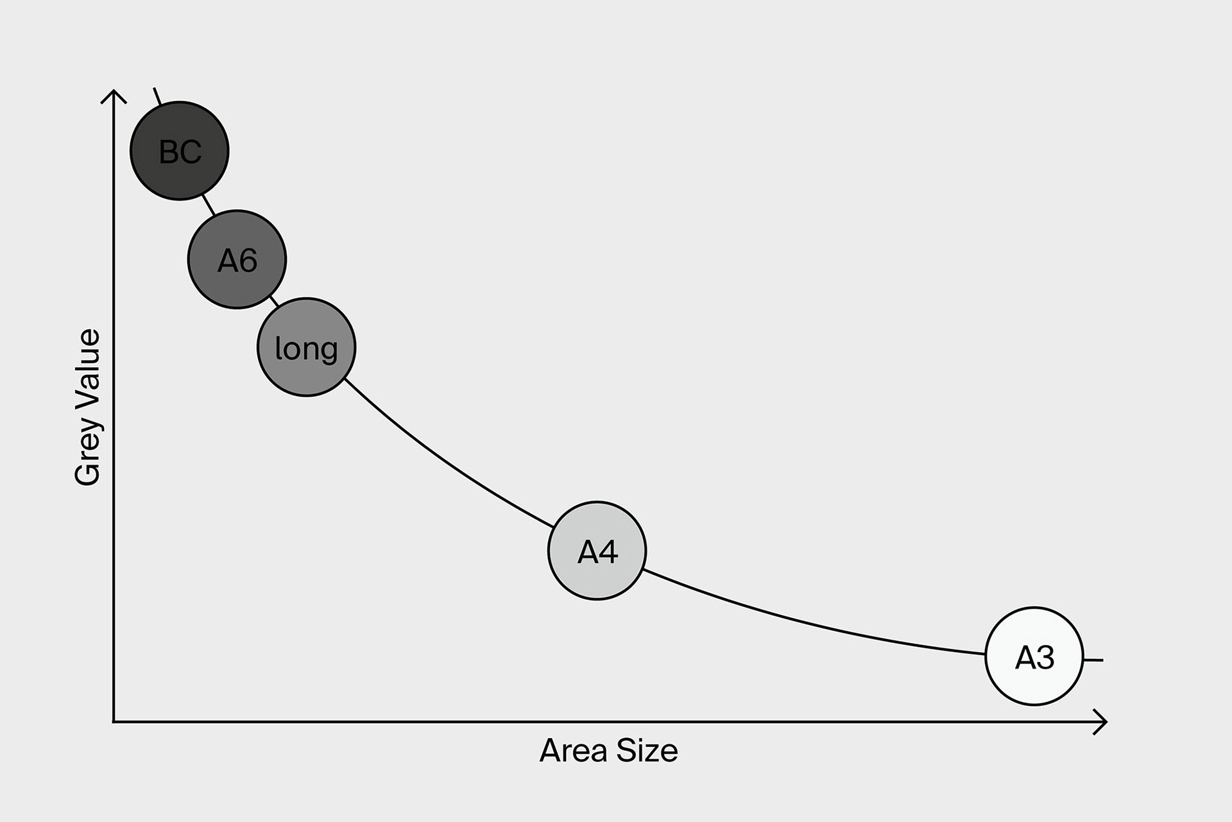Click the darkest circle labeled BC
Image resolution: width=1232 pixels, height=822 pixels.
(x=180, y=151)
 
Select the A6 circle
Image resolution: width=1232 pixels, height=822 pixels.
(x=237, y=259)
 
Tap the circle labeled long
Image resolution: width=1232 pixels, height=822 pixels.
(x=306, y=347)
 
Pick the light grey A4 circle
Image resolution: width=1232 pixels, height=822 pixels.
(x=597, y=551)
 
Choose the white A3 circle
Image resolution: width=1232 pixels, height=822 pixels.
(x=1034, y=656)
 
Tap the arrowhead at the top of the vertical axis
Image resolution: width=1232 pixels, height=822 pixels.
(x=114, y=94)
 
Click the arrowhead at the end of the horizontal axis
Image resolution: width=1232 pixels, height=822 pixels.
(x=1102, y=723)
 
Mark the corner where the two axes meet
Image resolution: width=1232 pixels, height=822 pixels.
(x=114, y=723)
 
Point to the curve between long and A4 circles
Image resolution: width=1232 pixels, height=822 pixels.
(x=443, y=459)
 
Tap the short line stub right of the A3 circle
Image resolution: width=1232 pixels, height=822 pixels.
(x=1093, y=660)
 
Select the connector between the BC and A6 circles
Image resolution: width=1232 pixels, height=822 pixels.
(x=208, y=204)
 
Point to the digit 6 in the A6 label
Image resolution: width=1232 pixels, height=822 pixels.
(x=248, y=261)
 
